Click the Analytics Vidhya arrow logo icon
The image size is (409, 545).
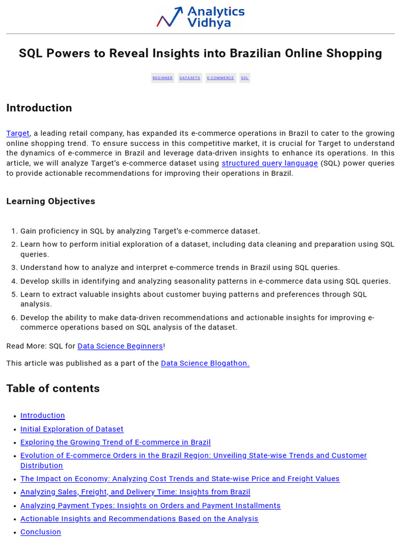(x=170, y=17)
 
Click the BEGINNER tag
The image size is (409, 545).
(x=162, y=78)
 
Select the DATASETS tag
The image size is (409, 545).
(x=190, y=78)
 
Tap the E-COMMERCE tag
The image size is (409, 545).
(x=220, y=78)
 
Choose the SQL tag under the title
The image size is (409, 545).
(x=244, y=78)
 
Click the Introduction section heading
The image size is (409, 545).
(x=39, y=108)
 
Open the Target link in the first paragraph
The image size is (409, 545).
(x=18, y=134)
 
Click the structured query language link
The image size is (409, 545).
(x=269, y=163)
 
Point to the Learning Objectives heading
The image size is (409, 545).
(x=51, y=201)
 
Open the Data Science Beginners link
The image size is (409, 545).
(x=120, y=346)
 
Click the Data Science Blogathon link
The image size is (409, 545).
(x=205, y=363)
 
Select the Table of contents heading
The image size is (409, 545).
(x=53, y=389)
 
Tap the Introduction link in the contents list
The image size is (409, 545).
(x=43, y=416)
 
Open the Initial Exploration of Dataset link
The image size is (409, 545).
(x=72, y=429)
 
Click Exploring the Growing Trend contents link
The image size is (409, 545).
(x=116, y=442)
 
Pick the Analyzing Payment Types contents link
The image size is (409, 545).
(x=150, y=506)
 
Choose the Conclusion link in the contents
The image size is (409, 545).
(x=40, y=532)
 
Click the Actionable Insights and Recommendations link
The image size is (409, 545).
(x=139, y=519)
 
